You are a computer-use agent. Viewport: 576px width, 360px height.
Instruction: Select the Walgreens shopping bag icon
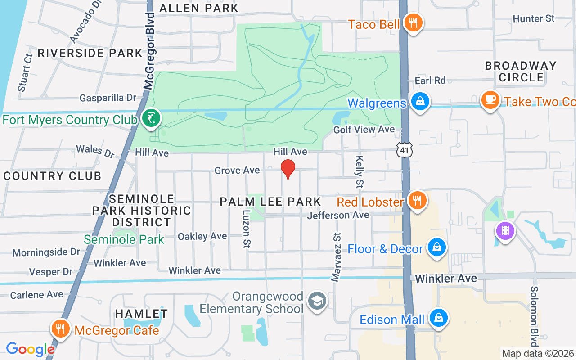pyautogui.click(x=420, y=102)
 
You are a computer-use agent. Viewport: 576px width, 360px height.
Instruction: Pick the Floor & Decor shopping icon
pyautogui.click(x=436, y=247)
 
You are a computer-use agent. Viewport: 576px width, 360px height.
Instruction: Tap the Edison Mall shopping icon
pyautogui.click(x=438, y=318)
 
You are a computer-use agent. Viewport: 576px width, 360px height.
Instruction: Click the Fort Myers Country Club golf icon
pyautogui.click(x=151, y=119)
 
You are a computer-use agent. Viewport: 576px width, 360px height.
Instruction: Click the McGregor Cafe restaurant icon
pyautogui.click(x=59, y=329)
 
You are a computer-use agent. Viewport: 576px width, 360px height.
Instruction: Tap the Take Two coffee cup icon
pyautogui.click(x=490, y=100)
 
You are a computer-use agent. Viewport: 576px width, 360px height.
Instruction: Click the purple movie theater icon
pyautogui.click(x=505, y=231)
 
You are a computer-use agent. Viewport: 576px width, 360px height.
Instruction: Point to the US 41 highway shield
pyautogui.click(x=405, y=150)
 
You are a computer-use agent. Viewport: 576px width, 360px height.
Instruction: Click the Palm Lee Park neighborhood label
pyautogui.click(x=270, y=202)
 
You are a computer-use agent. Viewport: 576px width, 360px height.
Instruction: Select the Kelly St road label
pyautogui.click(x=359, y=171)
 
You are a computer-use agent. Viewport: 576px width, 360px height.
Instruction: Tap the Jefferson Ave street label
pyautogui.click(x=338, y=216)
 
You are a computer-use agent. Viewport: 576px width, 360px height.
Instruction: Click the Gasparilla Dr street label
pyautogui.click(x=108, y=98)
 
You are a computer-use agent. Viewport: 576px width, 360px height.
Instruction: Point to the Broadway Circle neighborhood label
pyautogui.click(x=521, y=72)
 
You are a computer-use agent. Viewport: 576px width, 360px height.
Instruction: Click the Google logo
pyautogui.click(x=30, y=349)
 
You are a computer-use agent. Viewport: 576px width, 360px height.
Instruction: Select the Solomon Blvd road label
pyautogui.click(x=534, y=310)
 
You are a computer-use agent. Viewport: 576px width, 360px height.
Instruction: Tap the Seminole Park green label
pyautogui.click(x=124, y=239)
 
